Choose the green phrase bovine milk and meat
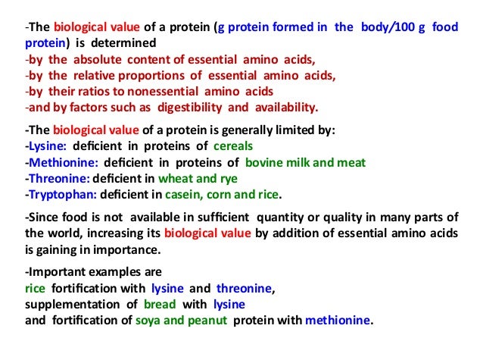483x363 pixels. pos(304,162)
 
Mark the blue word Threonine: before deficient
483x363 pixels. pos(57,179)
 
